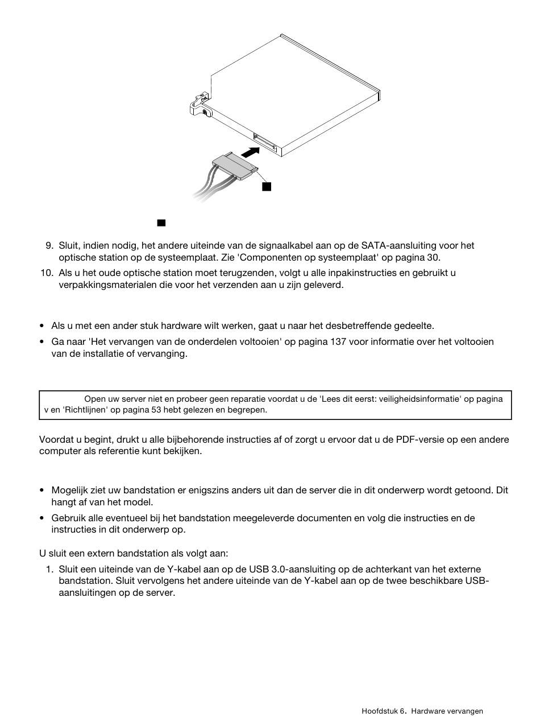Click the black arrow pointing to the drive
[x=250, y=152]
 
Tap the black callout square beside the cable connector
[x=267, y=187]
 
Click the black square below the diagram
[x=161, y=223]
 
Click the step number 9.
[x=49, y=246]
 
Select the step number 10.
[x=47, y=273]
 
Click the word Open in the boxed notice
[x=94, y=399]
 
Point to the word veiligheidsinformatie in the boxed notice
[x=417, y=399]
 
